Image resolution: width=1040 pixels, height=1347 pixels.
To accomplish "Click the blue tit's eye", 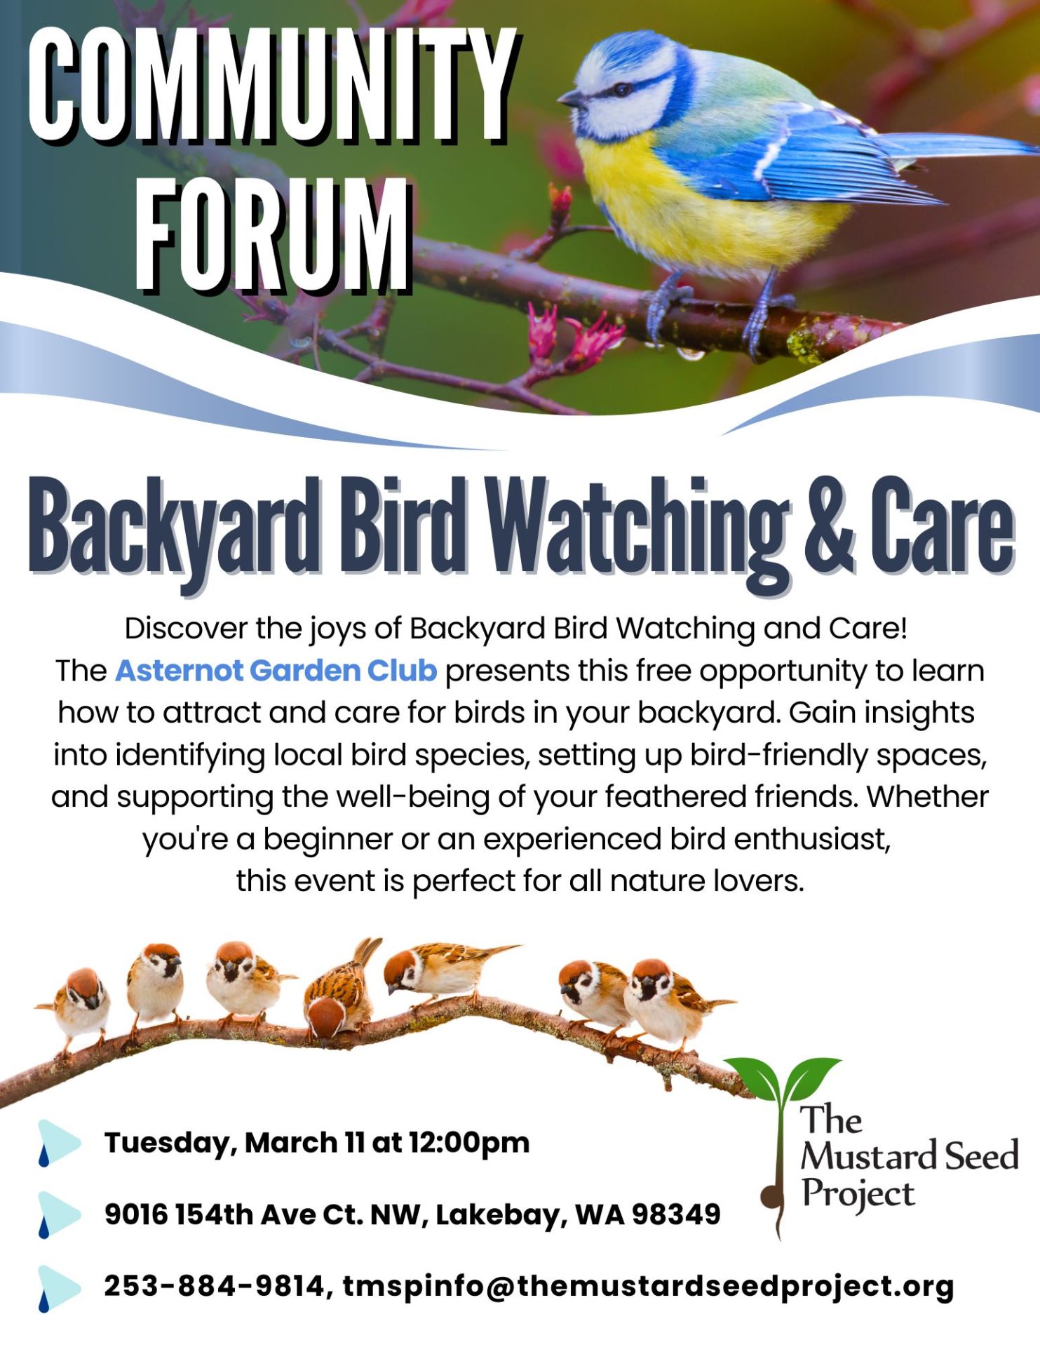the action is (619, 89).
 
